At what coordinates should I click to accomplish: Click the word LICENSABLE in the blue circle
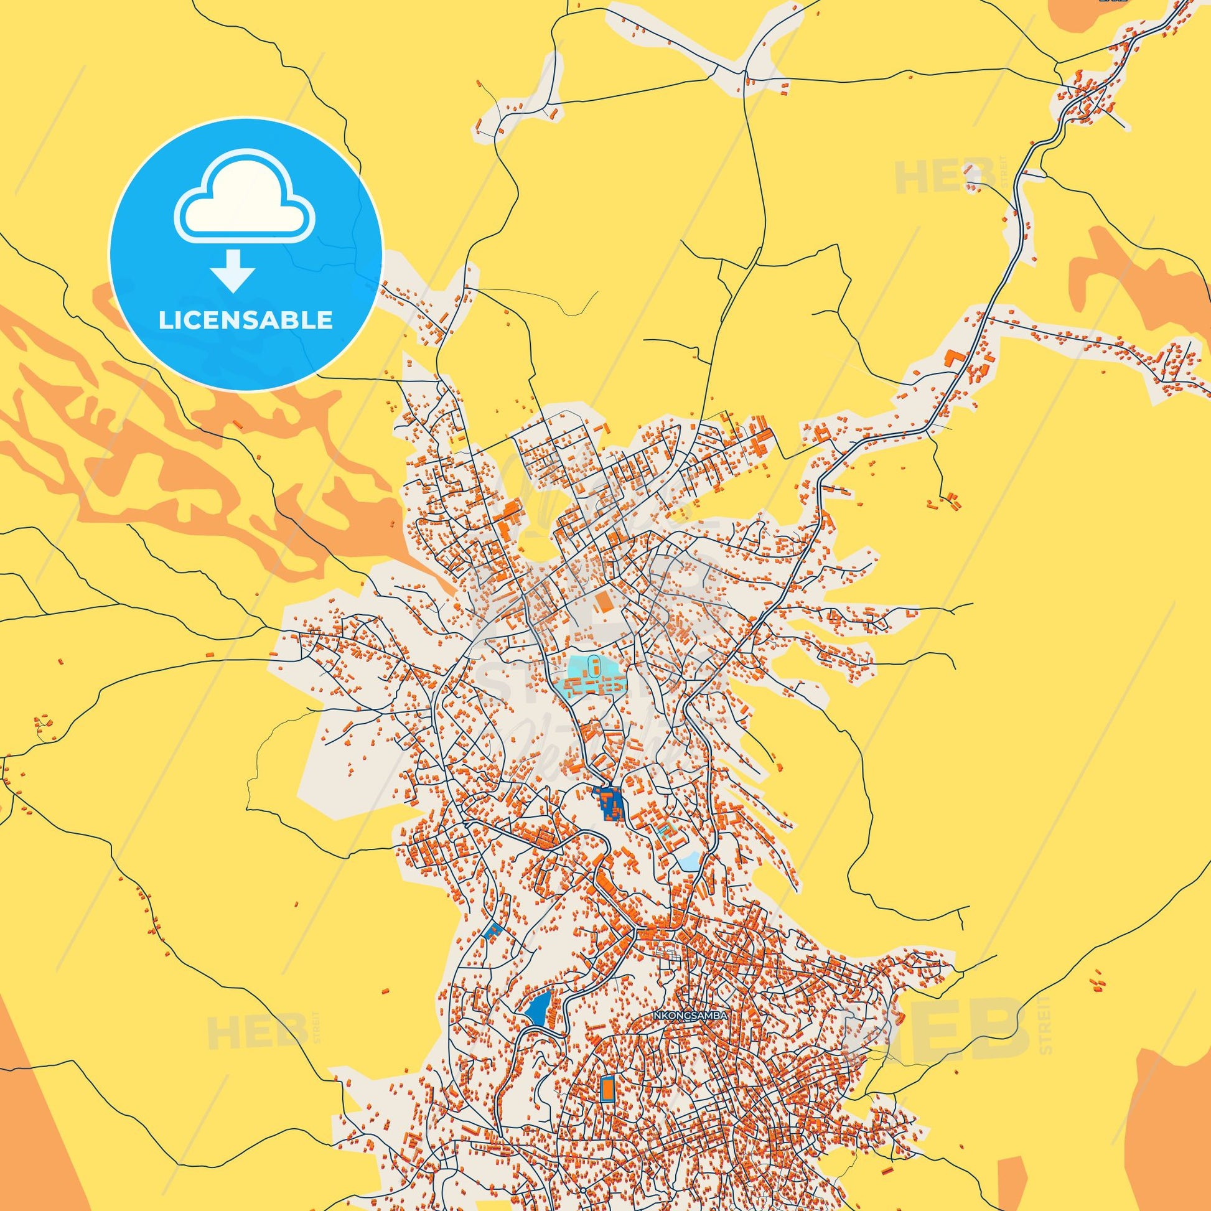click(245, 320)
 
